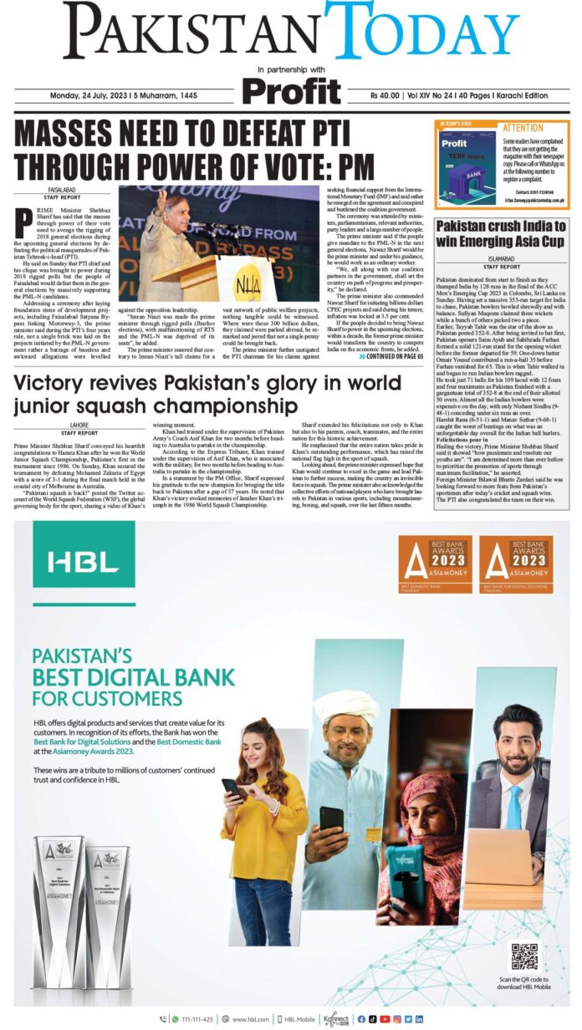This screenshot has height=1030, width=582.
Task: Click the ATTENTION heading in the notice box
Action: pos(523,129)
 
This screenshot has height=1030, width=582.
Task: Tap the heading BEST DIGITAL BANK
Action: pos(133,677)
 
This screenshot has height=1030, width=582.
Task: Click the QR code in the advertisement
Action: pos(525,956)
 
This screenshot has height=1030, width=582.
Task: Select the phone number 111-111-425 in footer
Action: pos(196,1018)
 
